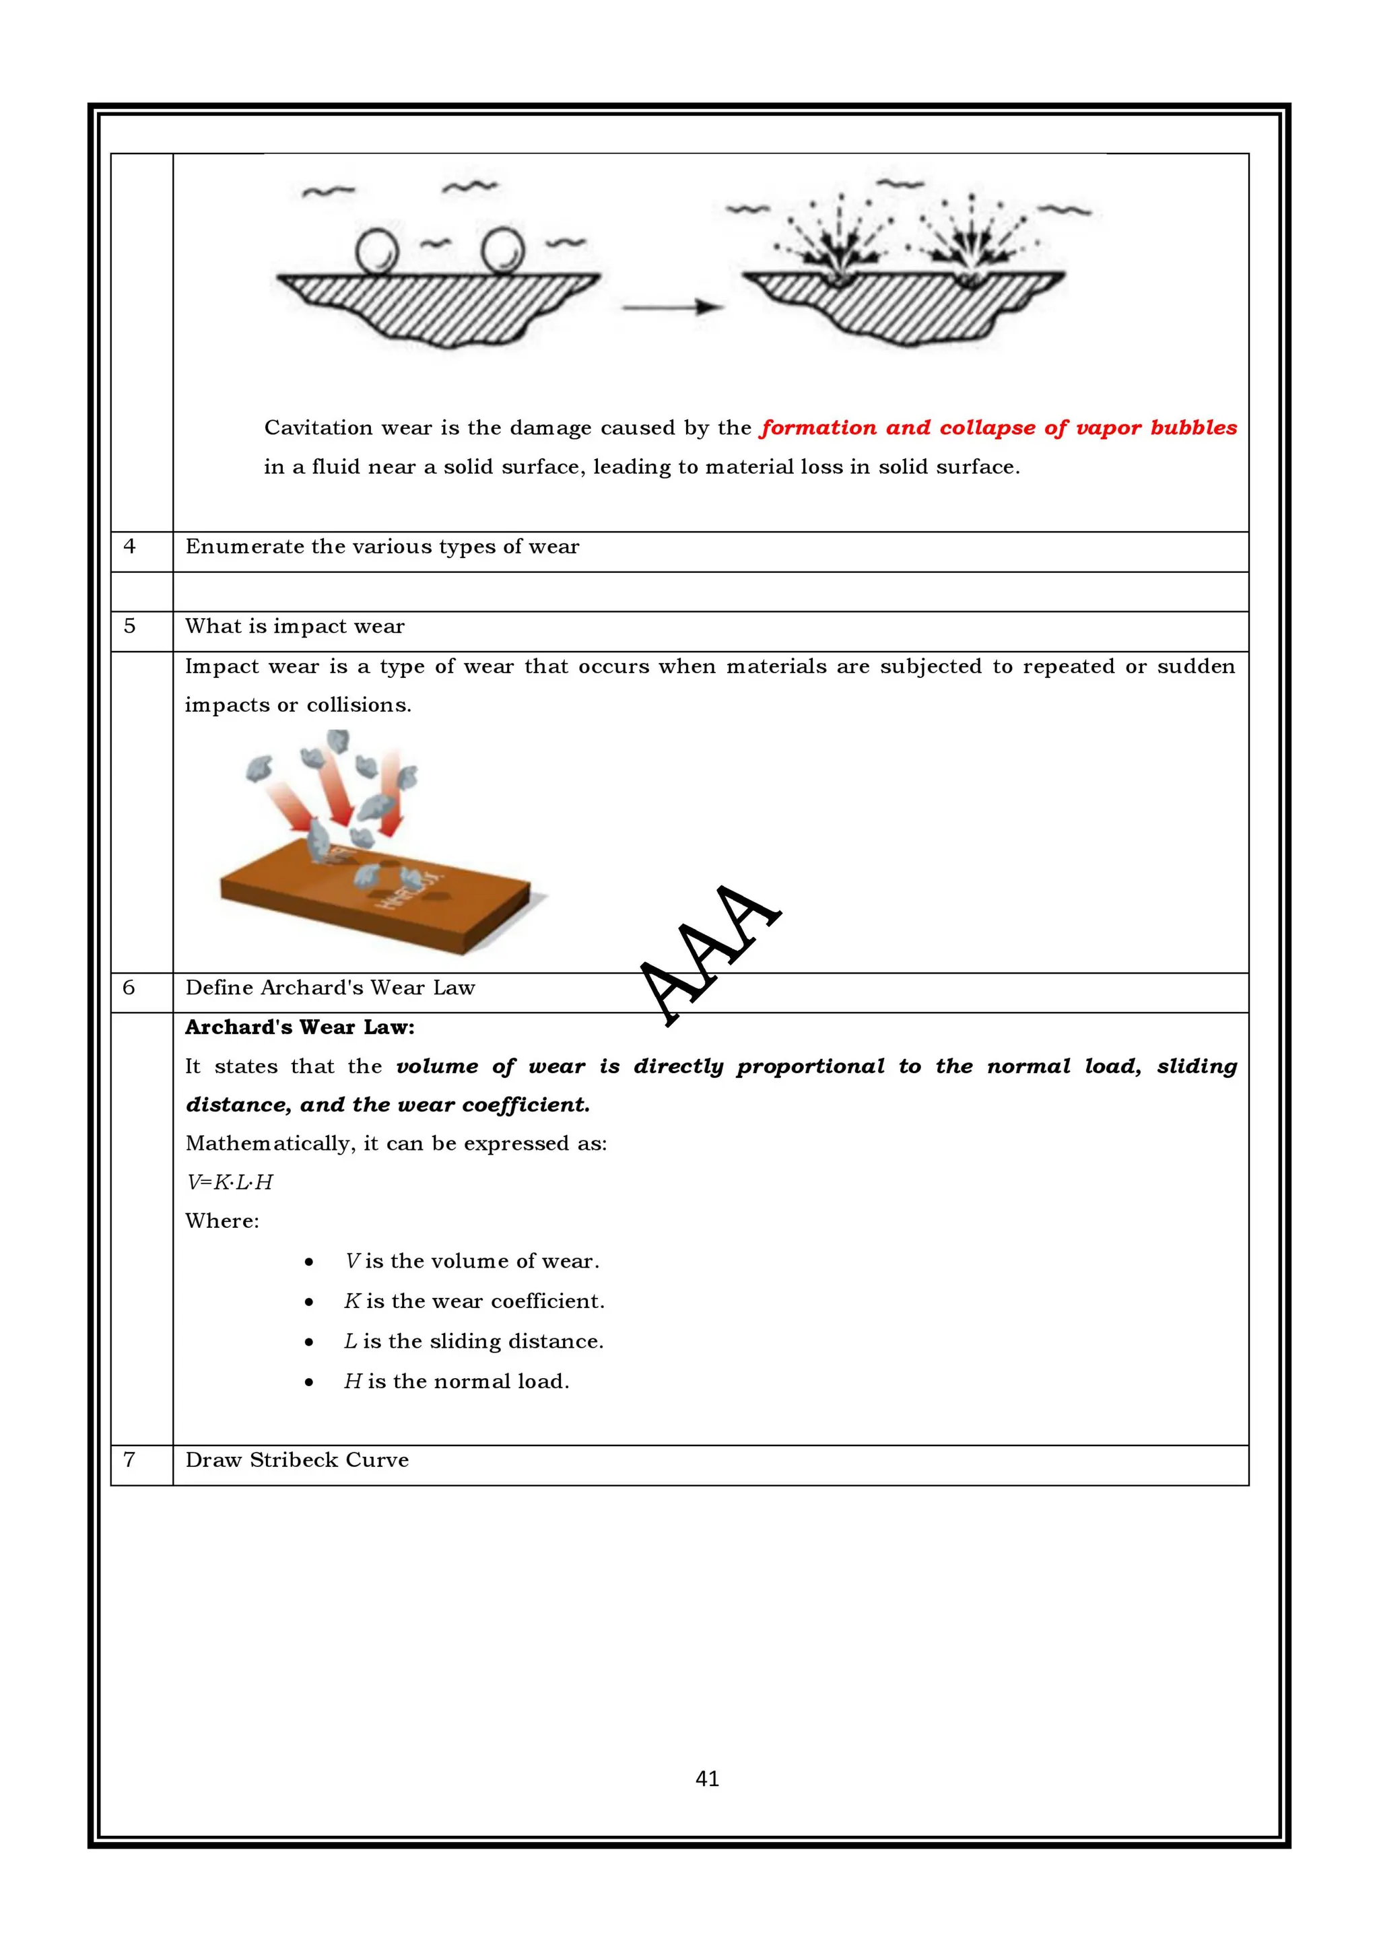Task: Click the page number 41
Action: click(x=707, y=1778)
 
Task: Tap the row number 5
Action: click(x=129, y=626)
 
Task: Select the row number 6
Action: click(x=129, y=988)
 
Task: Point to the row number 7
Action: click(x=129, y=1460)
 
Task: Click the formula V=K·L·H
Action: click(x=230, y=1182)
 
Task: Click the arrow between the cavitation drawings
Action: click(x=671, y=307)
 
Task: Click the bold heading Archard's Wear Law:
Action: click(x=300, y=1027)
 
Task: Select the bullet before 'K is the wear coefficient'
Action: click(x=309, y=1302)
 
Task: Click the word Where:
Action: click(x=222, y=1221)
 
